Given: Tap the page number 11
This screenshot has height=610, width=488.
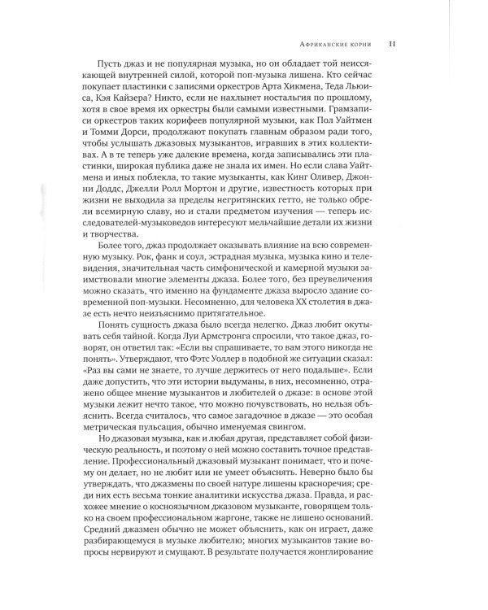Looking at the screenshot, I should tap(392, 44).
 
